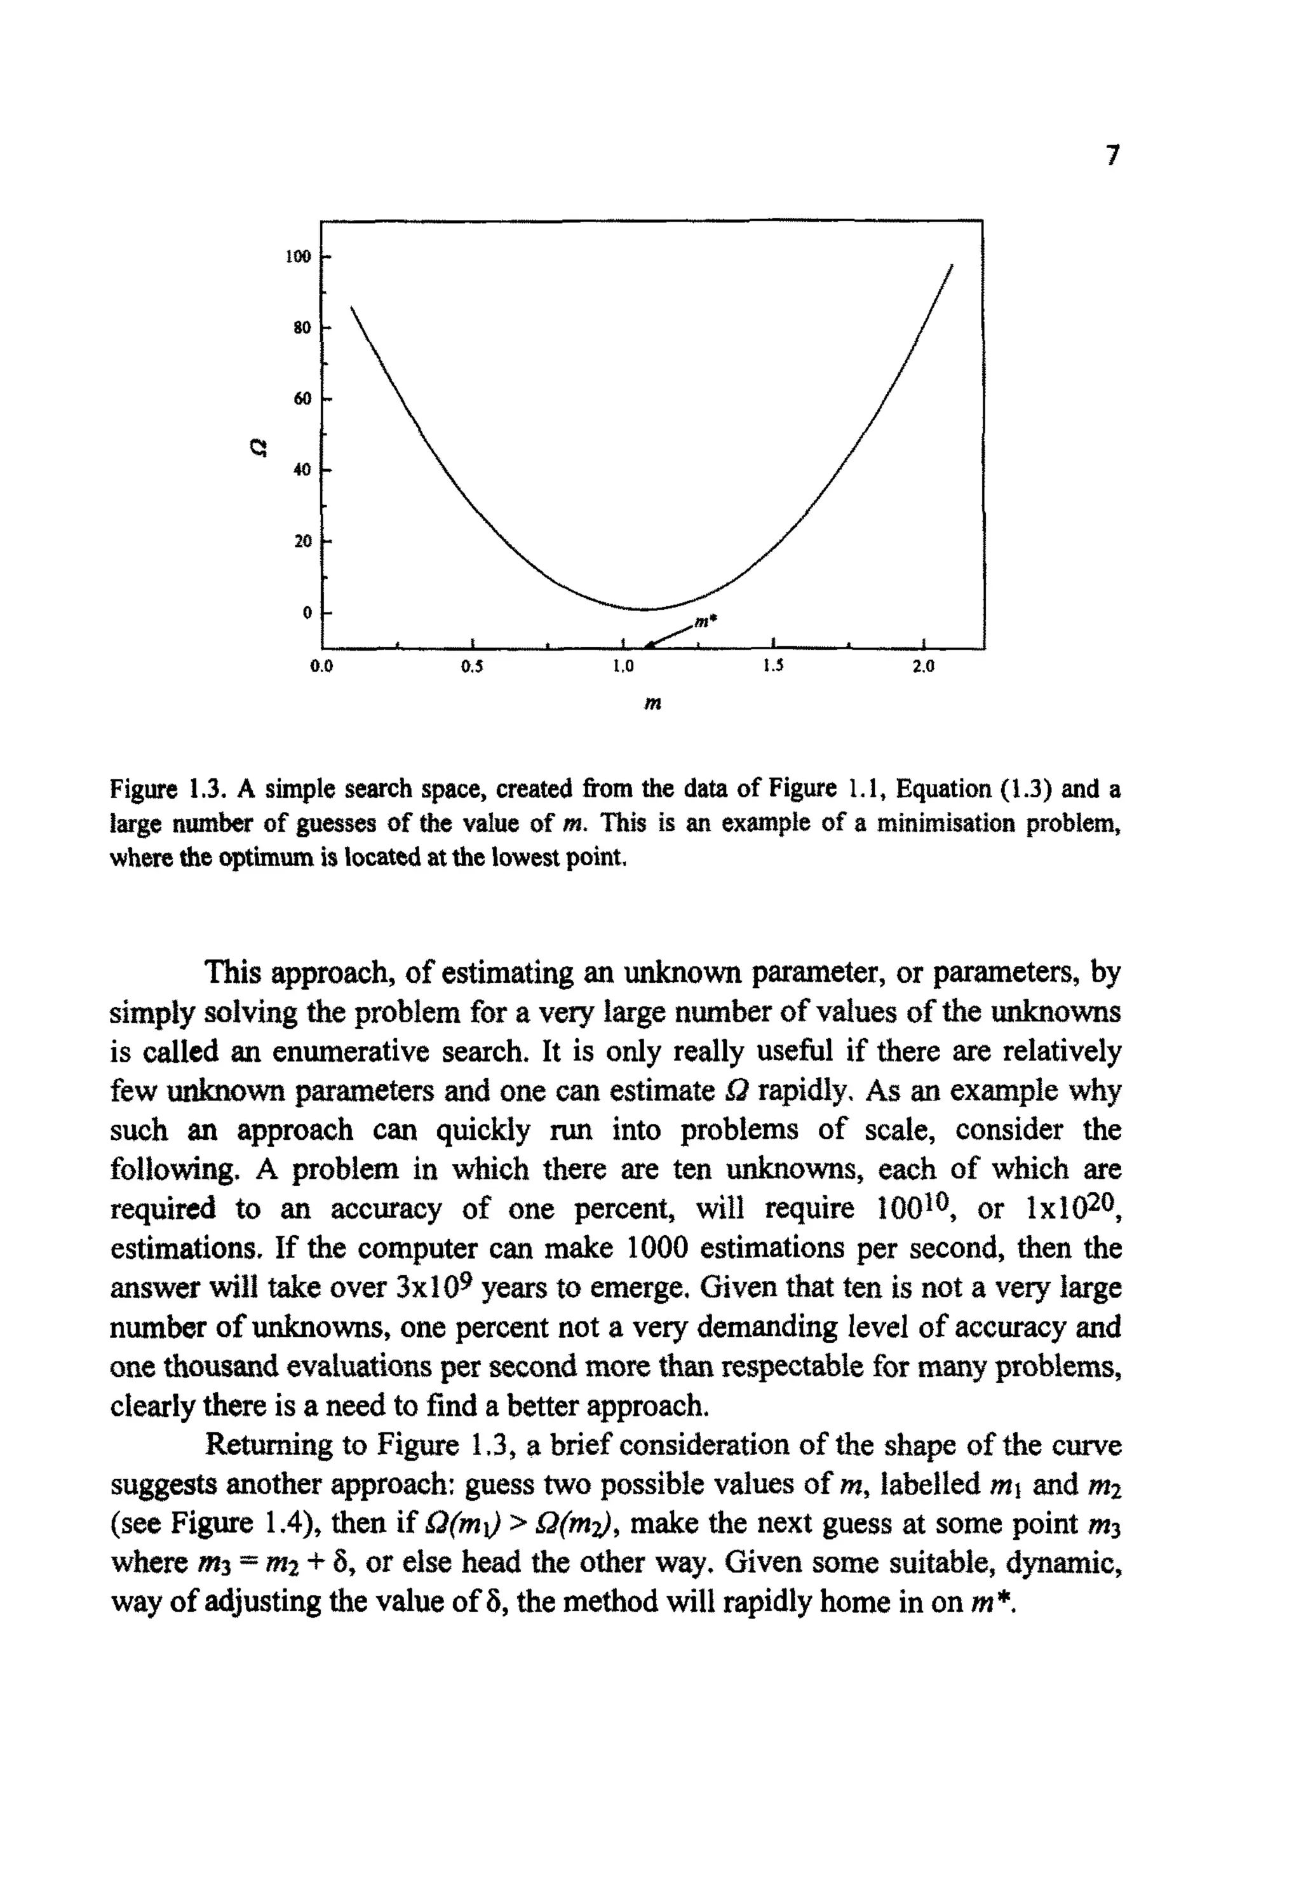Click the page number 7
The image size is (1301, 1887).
1114,155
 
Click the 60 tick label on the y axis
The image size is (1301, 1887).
302,398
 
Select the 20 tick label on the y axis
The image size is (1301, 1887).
302,541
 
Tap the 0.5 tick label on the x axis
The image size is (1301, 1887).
472,666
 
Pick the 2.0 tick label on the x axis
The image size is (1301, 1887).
923,666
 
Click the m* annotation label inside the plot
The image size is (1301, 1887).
705,622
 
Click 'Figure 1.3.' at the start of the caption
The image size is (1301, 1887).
167,790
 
